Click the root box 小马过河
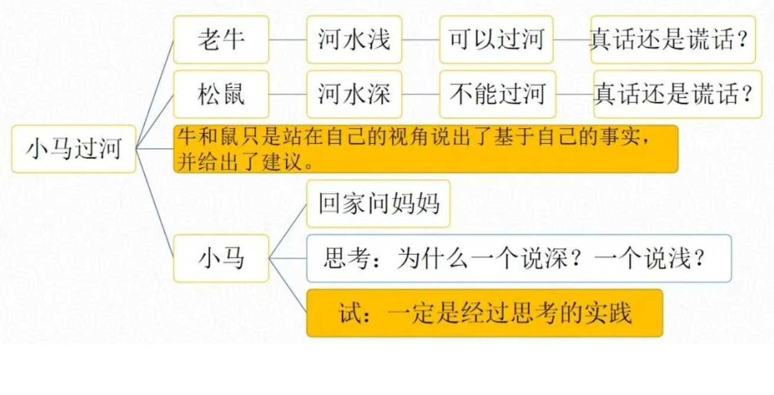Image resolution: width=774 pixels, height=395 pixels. coord(74,149)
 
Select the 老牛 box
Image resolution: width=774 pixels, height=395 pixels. coord(221,39)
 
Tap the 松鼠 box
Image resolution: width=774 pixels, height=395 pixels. coord(221,94)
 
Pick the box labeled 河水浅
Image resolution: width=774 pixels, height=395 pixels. coord(354,39)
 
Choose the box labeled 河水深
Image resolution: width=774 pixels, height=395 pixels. coord(354,94)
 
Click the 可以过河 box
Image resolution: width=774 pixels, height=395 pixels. coord(496,39)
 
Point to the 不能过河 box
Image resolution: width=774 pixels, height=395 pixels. coord(497,94)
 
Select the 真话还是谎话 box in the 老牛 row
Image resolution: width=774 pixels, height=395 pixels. coord(673,39)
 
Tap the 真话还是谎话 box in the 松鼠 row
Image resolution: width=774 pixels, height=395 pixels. coord(678,94)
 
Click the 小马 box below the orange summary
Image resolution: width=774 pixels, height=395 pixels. coord(221,258)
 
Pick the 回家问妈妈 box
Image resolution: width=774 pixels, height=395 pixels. coord(378,204)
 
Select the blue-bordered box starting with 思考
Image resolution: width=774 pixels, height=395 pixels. coord(519,258)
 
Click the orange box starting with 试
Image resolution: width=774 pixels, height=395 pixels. coord(484,313)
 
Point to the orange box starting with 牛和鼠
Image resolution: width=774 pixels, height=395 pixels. coord(426,149)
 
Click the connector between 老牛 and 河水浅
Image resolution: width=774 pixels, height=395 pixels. coord(287,39)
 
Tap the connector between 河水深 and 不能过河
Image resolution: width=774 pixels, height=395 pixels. coord(420,94)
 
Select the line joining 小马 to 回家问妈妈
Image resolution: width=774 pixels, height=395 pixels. coord(287,231)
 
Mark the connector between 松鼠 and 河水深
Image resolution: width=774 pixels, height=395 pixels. coord(287,94)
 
